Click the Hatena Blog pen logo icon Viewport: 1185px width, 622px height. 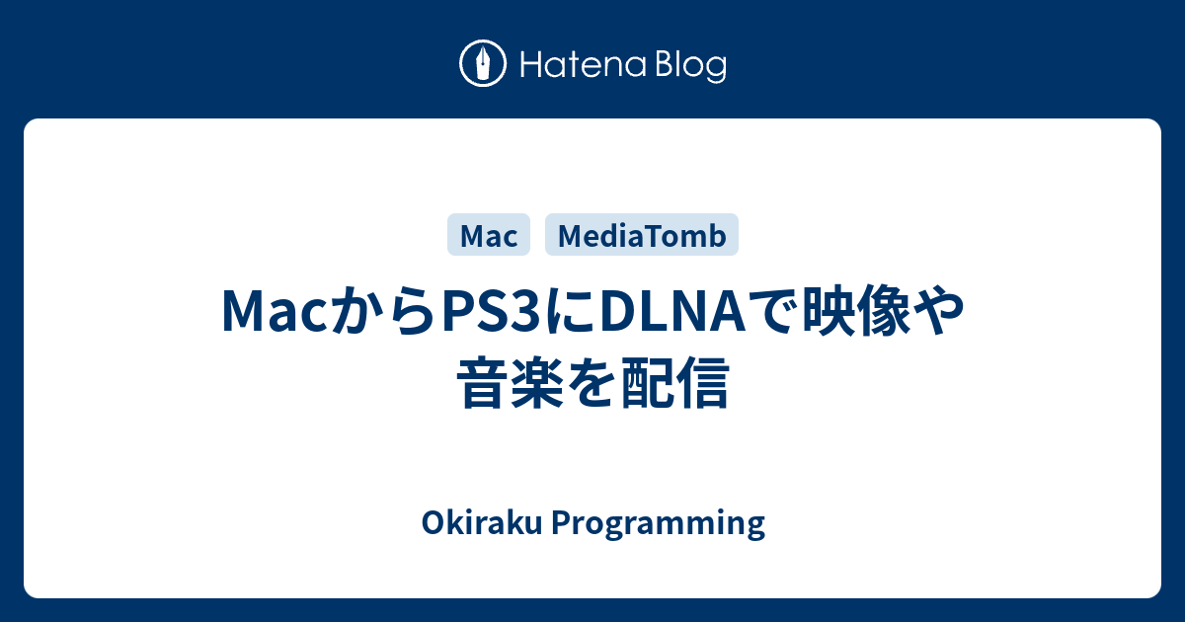pos(483,64)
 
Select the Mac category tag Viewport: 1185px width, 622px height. pos(489,235)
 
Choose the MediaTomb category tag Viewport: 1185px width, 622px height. pos(642,235)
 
